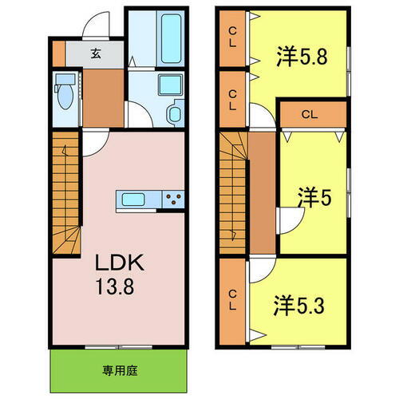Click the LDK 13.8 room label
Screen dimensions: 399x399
[120, 274]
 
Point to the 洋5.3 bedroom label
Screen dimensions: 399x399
[302, 306]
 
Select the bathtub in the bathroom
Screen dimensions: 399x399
[170, 38]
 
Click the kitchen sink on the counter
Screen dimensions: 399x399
[132, 199]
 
